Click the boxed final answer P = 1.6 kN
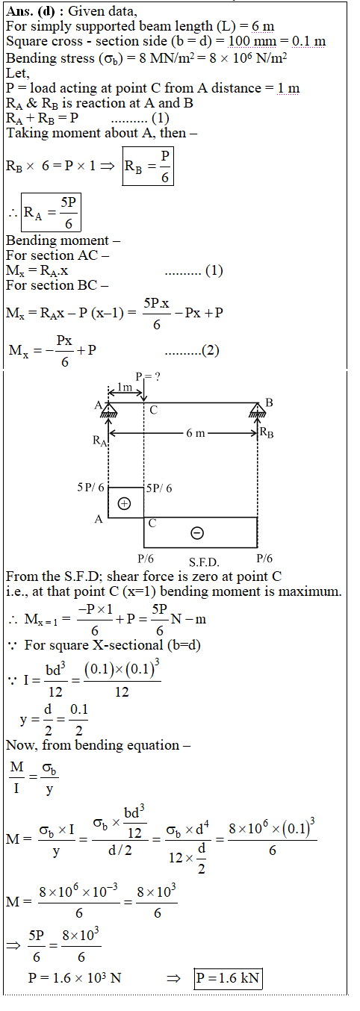tap(228, 977)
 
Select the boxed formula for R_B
tap(148, 166)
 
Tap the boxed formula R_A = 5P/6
tap(51, 212)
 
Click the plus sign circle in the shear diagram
tap(124, 503)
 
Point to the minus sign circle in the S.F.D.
tap(197, 533)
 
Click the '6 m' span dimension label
tap(196, 433)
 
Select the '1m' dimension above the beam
tap(125, 387)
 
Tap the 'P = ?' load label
tap(148, 376)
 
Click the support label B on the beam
tap(269, 402)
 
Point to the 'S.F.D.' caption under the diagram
tap(204, 562)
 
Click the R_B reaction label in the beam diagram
tap(267, 433)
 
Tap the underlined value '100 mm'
tap(252, 41)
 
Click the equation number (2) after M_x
tap(211, 350)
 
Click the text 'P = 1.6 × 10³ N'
tap(75, 977)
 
